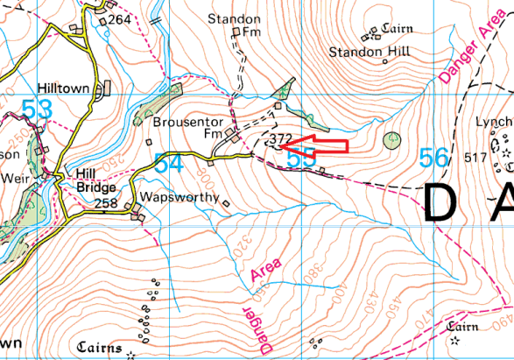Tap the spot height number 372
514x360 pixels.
[280, 139]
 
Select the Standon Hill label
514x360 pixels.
[357, 53]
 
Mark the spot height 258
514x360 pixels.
[106, 203]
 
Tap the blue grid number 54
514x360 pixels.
[168, 163]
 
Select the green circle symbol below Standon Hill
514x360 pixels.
[391, 139]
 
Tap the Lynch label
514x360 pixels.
[494, 122]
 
